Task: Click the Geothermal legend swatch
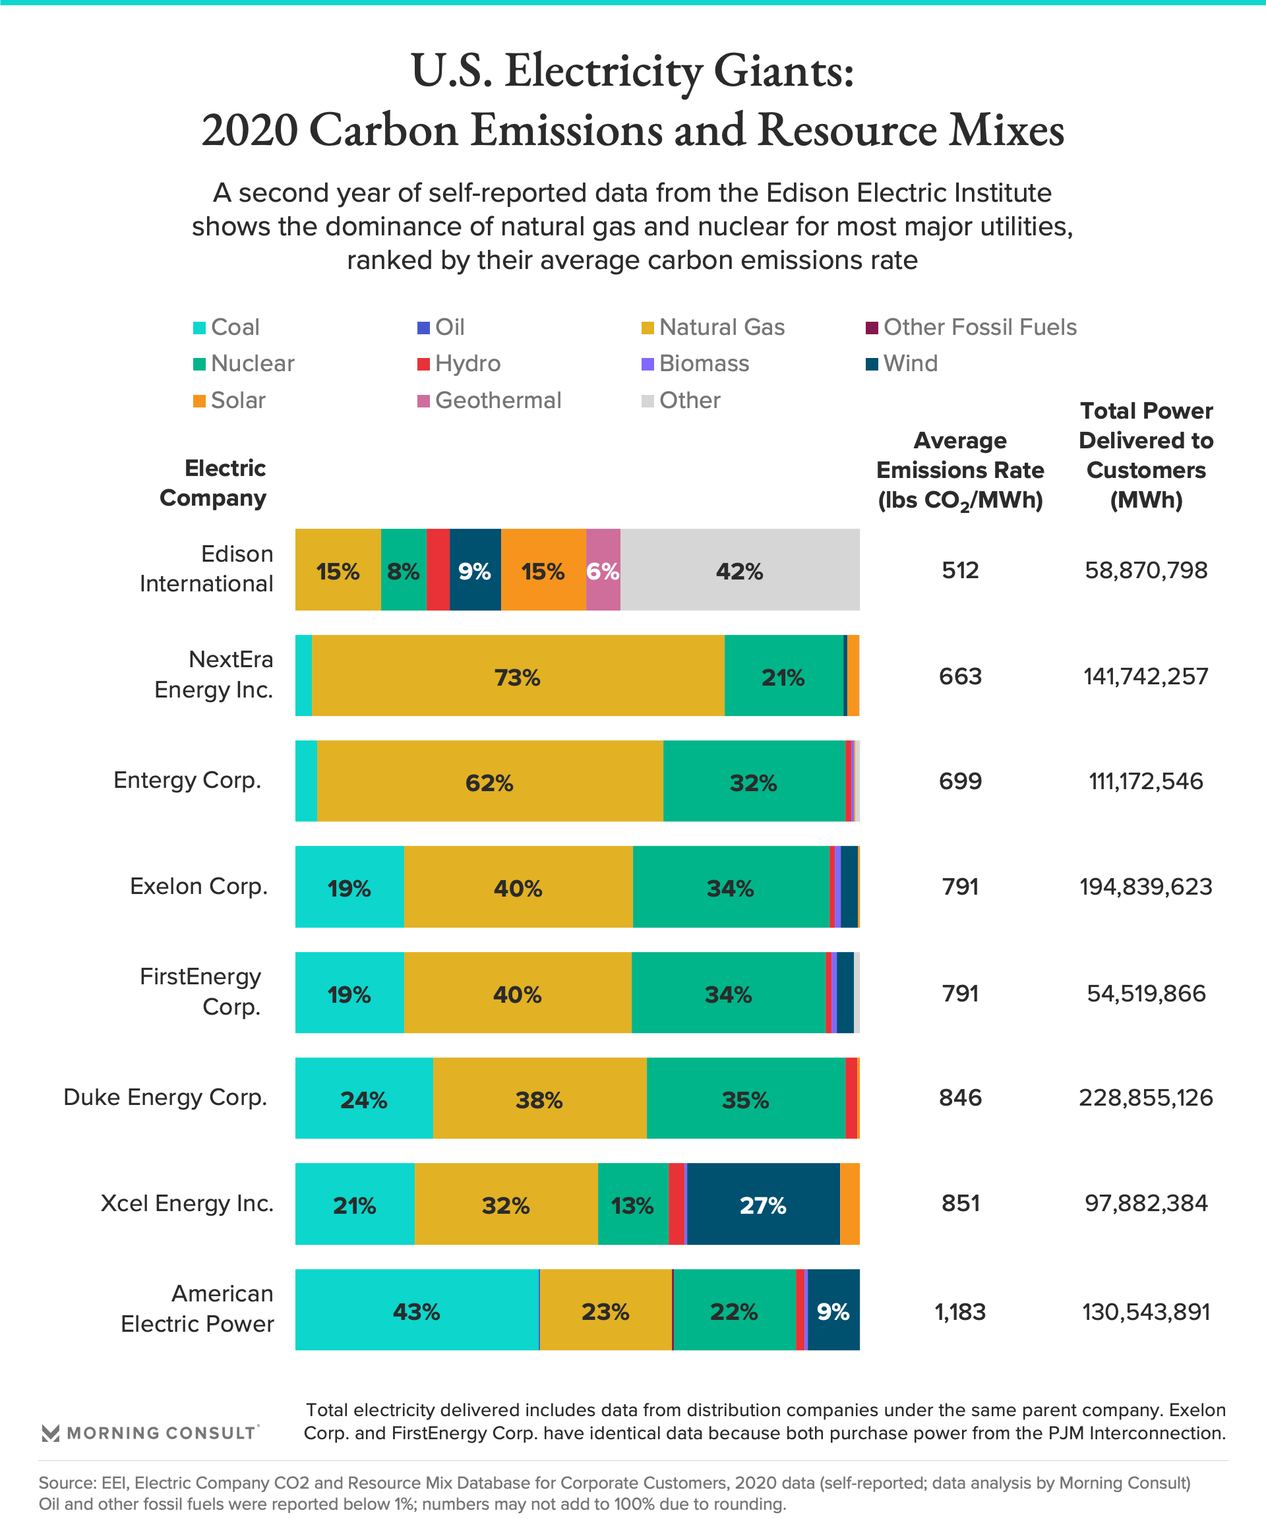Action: [x=423, y=401]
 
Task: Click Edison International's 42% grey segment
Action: [x=739, y=570]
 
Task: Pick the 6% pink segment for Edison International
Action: [x=603, y=570]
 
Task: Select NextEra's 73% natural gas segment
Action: [x=517, y=676]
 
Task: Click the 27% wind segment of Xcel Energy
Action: [x=762, y=1205]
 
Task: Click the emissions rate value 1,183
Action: [x=960, y=1311]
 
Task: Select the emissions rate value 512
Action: [x=960, y=570]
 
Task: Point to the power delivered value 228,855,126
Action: [x=1145, y=1098]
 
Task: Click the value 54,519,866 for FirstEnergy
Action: [x=1145, y=993]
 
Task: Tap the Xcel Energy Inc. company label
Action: [x=187, y=1203]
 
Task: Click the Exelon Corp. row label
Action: [x=198, y=886]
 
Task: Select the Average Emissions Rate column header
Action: [x=960, y=470]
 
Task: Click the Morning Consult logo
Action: [x=149, y=1433]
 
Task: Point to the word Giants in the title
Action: [x=784, y=72]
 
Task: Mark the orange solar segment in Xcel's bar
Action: [x=850, y=1205]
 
